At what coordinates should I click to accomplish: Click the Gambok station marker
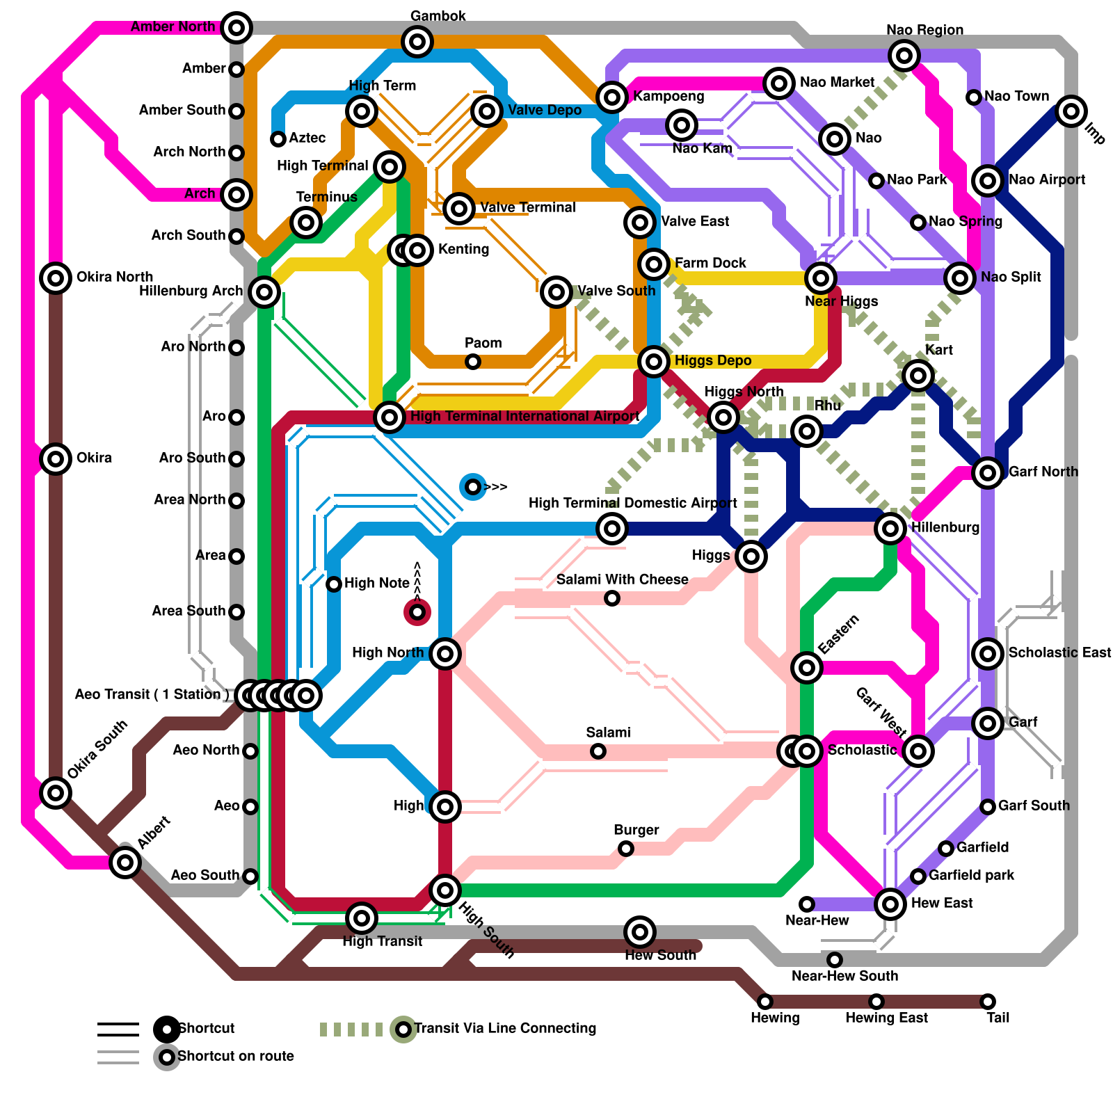coord(417,42)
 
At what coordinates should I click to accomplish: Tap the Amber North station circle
coord(237,28)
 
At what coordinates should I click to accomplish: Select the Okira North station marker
coord(56,278)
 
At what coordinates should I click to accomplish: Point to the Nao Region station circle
coord(904,56)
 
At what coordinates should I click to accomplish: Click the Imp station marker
coord(1071,111)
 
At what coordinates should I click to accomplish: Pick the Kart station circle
coord(918,376)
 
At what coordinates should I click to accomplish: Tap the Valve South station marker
coord(556,292)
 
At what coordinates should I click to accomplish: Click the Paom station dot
coord(473,362)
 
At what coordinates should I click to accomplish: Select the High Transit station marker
coord(362,918)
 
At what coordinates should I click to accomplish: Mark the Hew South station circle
coord(640,932)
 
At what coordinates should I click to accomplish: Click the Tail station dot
coord(988,1002)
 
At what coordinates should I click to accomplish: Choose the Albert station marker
coord(125,863)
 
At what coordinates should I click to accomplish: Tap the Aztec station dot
coord(278,139)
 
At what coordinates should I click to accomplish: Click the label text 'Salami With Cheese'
coord(622,579)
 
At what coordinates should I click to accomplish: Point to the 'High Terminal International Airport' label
coord(525,417)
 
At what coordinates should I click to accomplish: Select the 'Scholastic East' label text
coord(1059,652)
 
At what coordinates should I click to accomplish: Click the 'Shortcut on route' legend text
coord(236,1056)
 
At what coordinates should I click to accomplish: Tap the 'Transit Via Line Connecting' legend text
coord(505,1028)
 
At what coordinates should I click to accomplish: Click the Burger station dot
coord(626,849)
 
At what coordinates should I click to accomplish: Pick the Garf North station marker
coord(988,473)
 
